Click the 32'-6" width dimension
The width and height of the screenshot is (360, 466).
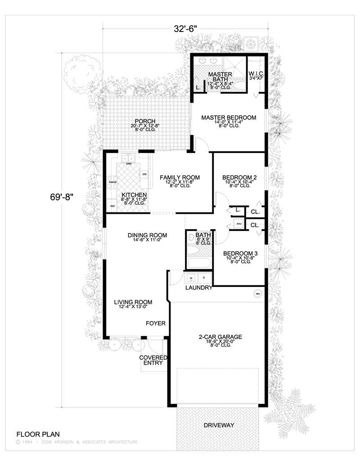(x=186, y=29)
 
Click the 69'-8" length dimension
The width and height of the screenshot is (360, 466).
(x=61, y=197)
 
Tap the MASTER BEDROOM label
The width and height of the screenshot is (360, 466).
(x=229, y=118)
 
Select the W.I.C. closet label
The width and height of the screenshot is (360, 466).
(x=255, y=73)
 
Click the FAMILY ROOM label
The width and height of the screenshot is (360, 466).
(x=180, y=177)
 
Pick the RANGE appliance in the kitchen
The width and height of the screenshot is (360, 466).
(x=112, y=182)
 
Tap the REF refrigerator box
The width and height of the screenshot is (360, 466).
(x=112, y=206)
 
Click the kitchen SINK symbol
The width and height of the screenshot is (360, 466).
(x=129, y=158)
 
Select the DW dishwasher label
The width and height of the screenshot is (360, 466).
(x=144, y=174)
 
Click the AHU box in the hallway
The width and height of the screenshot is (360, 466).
(x=238, y=224)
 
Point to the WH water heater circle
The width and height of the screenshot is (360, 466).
(x=258, y=294)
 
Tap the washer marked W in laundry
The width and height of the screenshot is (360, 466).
(x=191, y=278)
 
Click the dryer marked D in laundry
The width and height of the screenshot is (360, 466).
(x=203, y=278)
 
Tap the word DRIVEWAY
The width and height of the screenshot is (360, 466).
(x=219, y=425)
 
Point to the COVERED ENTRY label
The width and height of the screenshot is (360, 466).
(x=153, y=360)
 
